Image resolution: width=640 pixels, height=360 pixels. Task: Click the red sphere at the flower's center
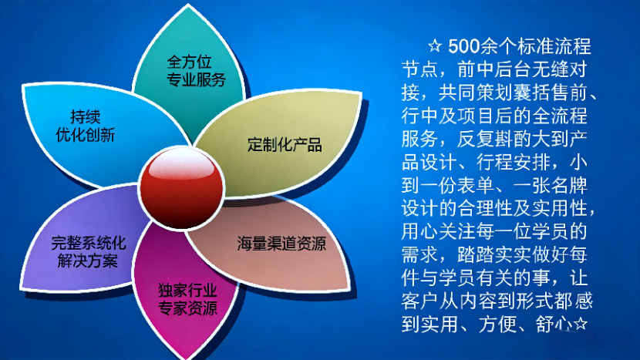tap(182, 188)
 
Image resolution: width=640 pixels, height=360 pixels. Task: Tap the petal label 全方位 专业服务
tap(196, 71)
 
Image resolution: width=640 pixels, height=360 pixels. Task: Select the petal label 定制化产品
tap(285, 144)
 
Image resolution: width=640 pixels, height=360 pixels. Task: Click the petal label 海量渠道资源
tap(281, 244)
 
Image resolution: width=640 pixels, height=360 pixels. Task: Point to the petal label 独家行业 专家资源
tap(187, 300)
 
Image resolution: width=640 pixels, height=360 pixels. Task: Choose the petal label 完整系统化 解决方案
tap(88, 252)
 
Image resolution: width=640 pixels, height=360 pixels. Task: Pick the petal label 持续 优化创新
tap(86, 126)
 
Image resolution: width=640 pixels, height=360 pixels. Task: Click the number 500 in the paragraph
tap(463, 46)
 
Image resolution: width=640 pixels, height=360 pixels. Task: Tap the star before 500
tap(435, 45)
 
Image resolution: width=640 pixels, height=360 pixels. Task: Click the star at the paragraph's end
tap(580, 324)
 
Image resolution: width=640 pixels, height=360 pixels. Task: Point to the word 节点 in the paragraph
tap(419, 69)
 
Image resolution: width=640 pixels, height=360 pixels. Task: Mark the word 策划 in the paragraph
tap(504, 93)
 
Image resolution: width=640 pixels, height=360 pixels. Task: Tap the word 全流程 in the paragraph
tap(560, 116)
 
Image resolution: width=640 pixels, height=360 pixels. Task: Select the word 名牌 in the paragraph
tap(569, 185)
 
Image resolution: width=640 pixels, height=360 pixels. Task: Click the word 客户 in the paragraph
tap(419, 301)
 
